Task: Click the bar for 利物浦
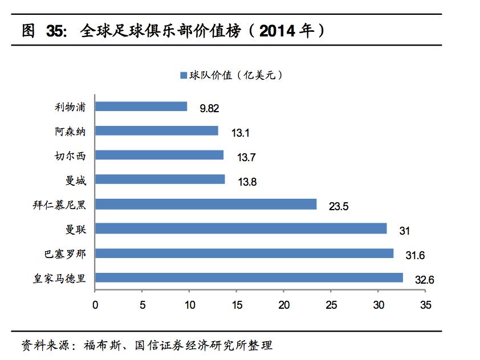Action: (141, 107)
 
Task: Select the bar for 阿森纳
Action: (157, 131)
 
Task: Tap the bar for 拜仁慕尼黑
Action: (206, 204)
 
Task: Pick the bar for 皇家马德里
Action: (249, 277)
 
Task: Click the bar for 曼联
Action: (241, 228)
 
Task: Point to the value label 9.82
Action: (209, 109)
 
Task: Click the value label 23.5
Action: (339, 206)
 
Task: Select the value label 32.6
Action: (424, 280)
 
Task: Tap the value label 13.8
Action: (247, 182)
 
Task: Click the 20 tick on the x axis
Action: (284, 305)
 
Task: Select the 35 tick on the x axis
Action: (425, 305)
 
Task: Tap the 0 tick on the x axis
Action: (95, 305)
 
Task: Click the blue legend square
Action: (184, 75)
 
